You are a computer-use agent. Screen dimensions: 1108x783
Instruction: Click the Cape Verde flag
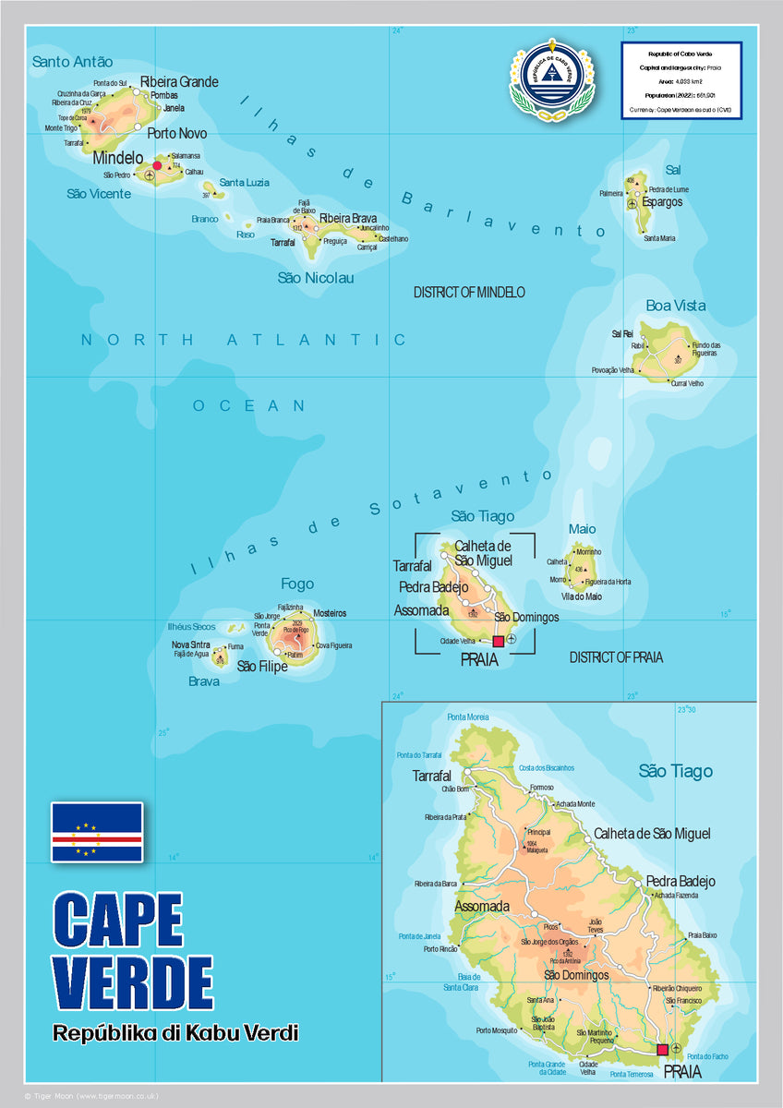click(x=97, y=832)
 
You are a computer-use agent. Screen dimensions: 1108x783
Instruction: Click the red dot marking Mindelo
click(x=157, y=165)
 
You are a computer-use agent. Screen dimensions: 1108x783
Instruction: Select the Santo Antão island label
click(x=72, y=62)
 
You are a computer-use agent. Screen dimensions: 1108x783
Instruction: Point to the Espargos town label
click(x=662, y=201)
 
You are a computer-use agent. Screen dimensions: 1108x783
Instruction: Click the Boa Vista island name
click(x=675, y=306)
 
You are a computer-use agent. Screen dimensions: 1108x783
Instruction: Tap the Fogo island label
click(x=297, y=584)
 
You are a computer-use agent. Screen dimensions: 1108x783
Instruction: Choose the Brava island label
click(x=204, y=681)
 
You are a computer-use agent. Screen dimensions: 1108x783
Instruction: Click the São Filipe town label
click(x=262, y=666)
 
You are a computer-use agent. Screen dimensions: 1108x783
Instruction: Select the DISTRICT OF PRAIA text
click(x=616, y=657)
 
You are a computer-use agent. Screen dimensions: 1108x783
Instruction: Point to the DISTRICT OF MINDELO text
click(x=469, y=292)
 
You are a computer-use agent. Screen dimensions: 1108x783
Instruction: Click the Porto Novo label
click(x=176, y=134)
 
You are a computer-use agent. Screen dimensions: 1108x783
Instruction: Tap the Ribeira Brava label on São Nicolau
click(x=348, y=218)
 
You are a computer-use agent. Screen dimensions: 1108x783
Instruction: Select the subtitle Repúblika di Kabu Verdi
click(x=175, y=1032)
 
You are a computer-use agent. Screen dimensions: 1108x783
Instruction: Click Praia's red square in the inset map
click(x=662, y=1049)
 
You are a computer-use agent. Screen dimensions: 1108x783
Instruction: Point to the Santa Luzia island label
click(x=244, y=183)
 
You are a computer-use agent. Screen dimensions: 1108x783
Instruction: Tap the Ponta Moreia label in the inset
click(x=468, y=717)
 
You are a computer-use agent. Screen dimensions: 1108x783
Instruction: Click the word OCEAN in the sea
click(x=248, y=405)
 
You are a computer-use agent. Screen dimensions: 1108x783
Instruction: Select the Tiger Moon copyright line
click(x=98, y=1096)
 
